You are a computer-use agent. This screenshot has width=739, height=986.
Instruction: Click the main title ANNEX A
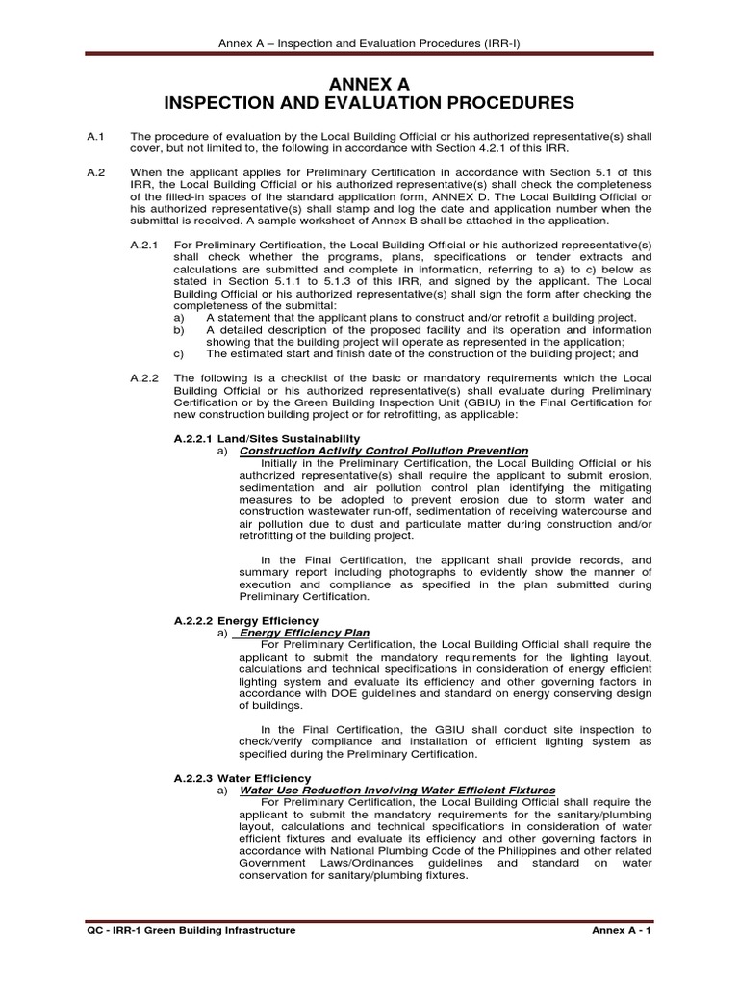click(x=369, y=84)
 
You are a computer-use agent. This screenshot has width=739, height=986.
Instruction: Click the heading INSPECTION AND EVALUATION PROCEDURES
click(x=369, y=103)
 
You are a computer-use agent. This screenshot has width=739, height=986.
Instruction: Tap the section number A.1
click(x=95, y=137)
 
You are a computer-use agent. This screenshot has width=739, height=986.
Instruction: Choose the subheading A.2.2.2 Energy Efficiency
click(x=245, y=620)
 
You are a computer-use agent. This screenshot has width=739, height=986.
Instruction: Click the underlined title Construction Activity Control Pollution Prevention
click(x=383, y=450)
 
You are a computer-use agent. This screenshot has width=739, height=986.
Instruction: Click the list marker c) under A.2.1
click(x=178, y=353)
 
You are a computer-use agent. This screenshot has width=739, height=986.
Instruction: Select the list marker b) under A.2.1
click(x=178, y=330)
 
